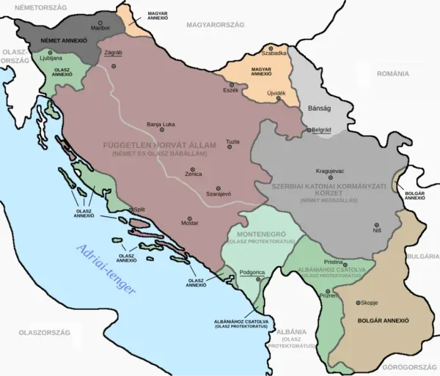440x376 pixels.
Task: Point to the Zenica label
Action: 193,175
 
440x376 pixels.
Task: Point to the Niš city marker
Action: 376,224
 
